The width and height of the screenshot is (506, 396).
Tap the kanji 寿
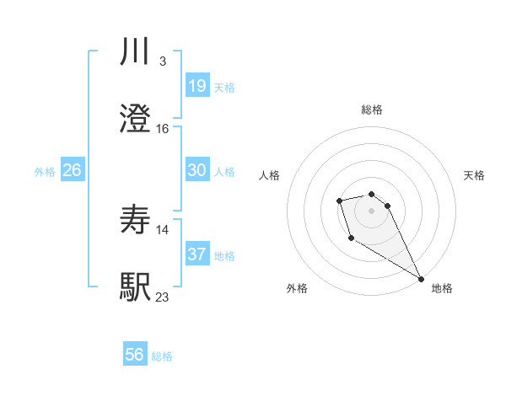click(136, 220)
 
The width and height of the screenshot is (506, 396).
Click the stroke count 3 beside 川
click(163, 62)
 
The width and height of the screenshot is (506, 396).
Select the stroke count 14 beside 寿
click(163, 229)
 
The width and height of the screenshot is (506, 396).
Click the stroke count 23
click(163, 297)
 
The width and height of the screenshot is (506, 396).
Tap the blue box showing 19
click(197, 86)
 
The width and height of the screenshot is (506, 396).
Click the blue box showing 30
click(197, 170)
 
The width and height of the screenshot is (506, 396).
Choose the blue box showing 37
click(197, 254)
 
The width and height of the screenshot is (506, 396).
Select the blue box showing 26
click(72, 170)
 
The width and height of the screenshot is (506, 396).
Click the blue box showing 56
click(135, 356)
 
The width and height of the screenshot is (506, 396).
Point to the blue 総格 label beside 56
click(162, 356)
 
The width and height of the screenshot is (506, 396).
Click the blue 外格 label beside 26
click(45, 171)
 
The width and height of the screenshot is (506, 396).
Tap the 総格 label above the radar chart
click(371, 110)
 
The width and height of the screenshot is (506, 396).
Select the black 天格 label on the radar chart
click(474, 175)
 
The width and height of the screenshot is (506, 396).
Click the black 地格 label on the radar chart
click(442, 288)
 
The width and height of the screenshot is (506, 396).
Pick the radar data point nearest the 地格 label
click(422, 279)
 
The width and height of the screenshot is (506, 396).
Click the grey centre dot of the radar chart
click(371, 211)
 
